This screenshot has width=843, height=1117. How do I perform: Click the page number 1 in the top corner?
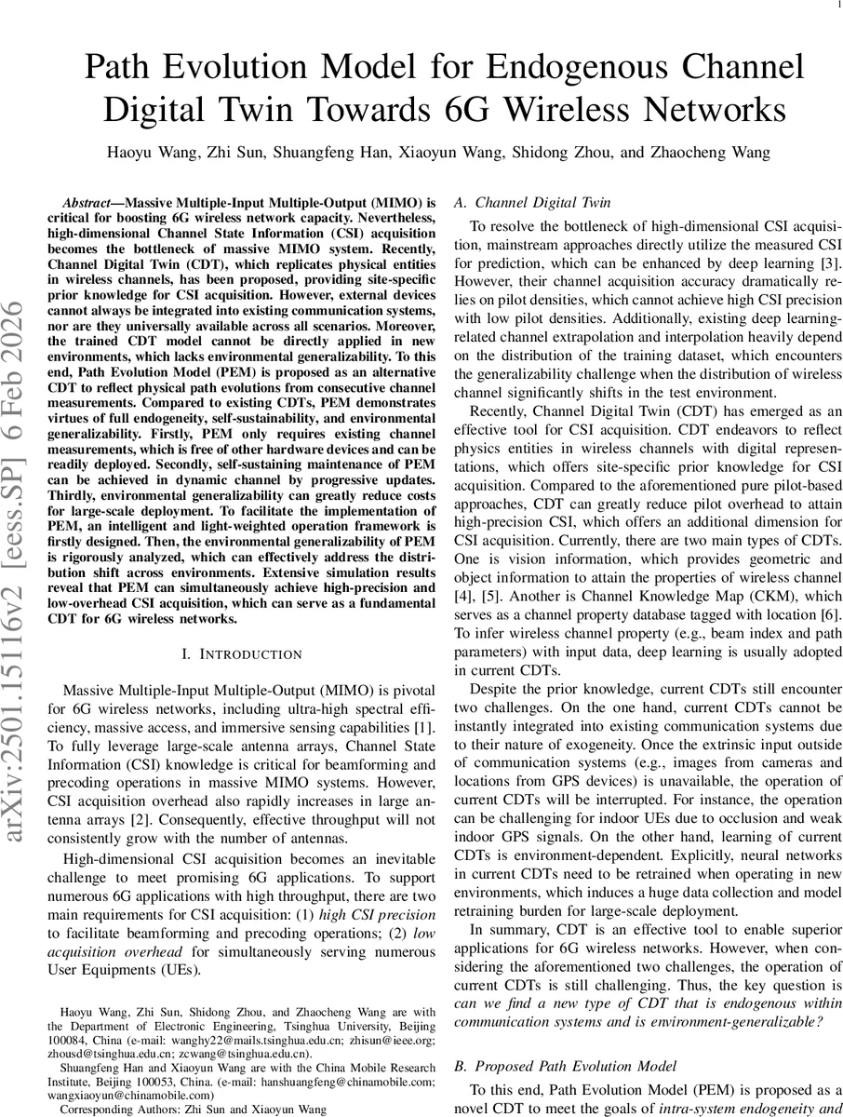[x=828, y=6]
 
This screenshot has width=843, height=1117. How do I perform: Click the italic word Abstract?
[x=88, y=202]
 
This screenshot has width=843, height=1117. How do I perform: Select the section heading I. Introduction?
[x=241, y=655]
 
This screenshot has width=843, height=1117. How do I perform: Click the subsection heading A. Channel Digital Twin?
[x=531, y=202]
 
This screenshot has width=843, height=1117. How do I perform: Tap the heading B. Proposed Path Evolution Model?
[x=569, y=1065]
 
